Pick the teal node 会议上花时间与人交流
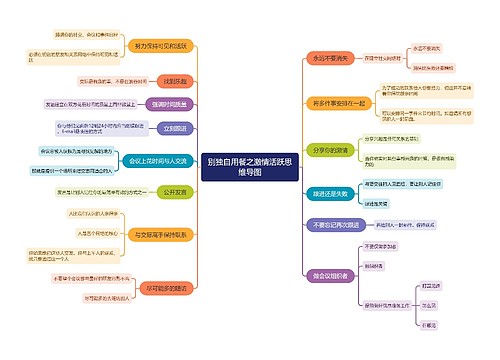click(156, 160)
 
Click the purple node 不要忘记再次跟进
click(324, 226)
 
